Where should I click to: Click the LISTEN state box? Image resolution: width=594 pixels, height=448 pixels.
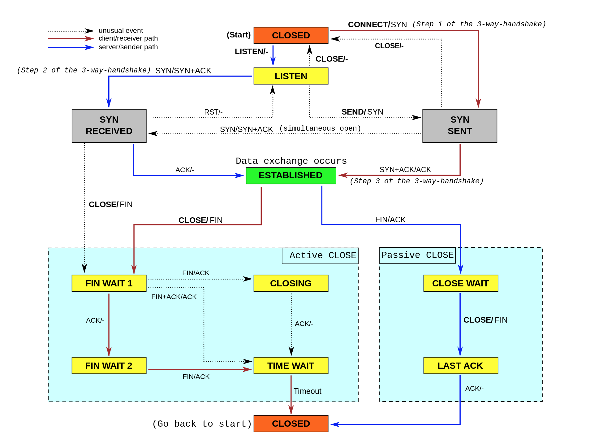click(x=291, y=76)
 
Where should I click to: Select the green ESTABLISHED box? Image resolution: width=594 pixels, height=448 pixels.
click(x=291, y=176)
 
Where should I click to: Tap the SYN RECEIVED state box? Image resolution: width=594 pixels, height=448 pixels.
click(x=109, y=126)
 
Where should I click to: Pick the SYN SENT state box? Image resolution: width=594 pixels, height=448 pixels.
click(x=460, y=126)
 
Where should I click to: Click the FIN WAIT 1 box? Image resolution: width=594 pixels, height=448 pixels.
click(x=109, y=283)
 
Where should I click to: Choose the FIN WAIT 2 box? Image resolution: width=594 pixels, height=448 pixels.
click(x=109, y=366)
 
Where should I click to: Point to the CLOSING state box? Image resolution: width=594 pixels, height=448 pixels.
click(x=291, y=283)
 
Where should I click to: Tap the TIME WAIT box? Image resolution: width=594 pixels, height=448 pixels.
click(x=291, y=366)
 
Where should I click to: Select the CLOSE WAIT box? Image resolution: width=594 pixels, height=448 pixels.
click(x=461, y=283)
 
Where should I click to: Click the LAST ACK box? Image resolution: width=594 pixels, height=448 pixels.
click(x=461, y=366)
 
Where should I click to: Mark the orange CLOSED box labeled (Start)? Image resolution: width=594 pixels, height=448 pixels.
click(x=291, y=35)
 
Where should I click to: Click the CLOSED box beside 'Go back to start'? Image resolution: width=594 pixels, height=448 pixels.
click(x=291, y=424)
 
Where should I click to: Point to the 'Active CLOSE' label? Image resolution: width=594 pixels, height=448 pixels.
click(x=323, y=255)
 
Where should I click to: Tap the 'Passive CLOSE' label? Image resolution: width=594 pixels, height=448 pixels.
click(x=417, y=255)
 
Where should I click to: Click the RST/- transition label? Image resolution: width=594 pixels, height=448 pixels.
click(x=213, y=112)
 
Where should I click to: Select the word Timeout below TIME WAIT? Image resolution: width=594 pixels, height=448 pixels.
click(x=308, y=391)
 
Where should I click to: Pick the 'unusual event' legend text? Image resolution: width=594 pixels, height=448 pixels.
click(x=121, y=31)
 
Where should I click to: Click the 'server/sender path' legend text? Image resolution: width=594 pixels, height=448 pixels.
click(x=128, y=47)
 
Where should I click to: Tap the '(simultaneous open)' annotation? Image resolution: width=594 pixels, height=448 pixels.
click(x=320, y=128)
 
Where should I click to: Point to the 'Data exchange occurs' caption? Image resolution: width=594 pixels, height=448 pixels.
click(x=291, y=161)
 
